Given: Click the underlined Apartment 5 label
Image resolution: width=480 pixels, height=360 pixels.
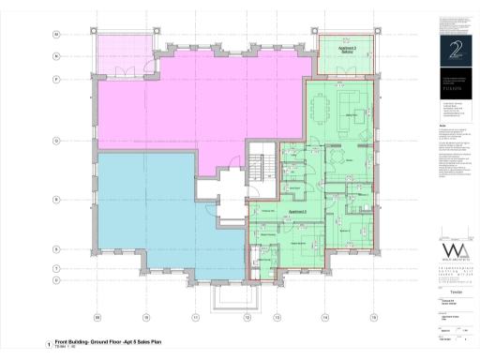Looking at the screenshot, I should coord(299,212).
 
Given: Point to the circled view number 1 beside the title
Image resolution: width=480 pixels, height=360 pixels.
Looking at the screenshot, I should coord(48,345).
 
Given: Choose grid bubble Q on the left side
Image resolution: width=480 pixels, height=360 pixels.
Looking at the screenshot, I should coord(56,141).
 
